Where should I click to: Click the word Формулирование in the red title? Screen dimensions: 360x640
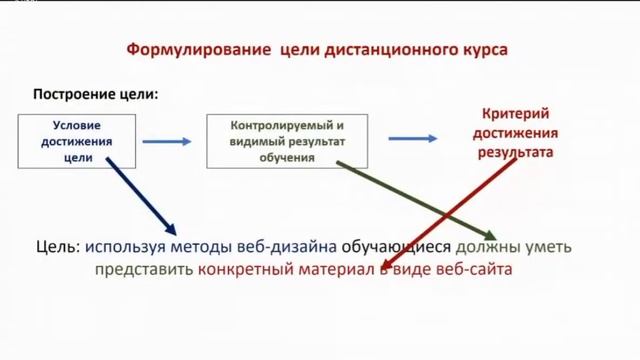coord(186,49)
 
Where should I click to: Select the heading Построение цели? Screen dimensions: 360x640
coord(97,95)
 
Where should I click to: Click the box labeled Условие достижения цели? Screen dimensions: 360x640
coord(79,141)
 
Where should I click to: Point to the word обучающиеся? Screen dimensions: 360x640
coord(397,246)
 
